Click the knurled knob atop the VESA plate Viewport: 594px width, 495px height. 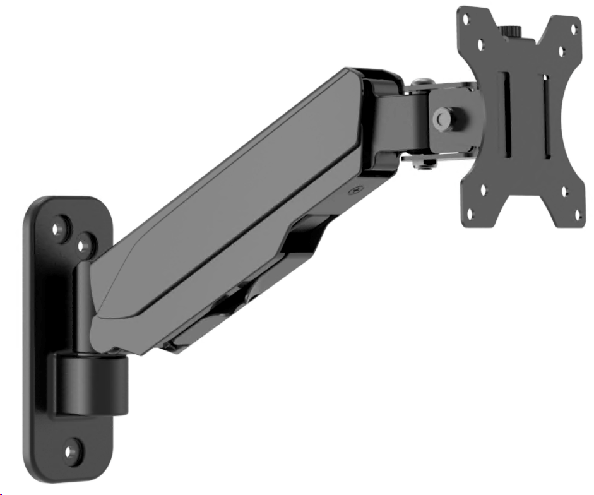pos(511,30)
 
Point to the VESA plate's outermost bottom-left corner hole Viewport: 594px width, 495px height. pos(470,214)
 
